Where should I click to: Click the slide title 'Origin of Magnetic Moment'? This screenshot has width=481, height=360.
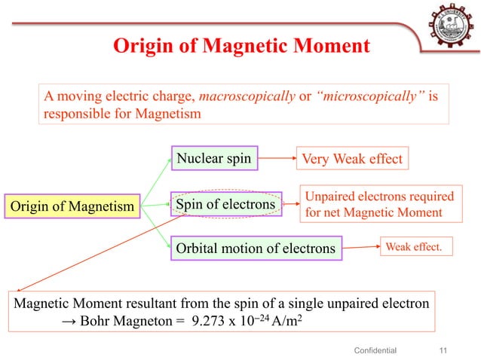(x=241, y=47)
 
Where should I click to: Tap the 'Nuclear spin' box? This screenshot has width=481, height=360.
(x=214, y=158)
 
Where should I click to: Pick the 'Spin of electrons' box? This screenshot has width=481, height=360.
(x=226, y=203)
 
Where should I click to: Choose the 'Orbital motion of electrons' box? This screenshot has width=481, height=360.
(x=255, y=248)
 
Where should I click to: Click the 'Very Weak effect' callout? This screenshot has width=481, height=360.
(x=353, y=159)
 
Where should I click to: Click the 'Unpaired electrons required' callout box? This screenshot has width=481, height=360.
(x=379, y=203)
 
